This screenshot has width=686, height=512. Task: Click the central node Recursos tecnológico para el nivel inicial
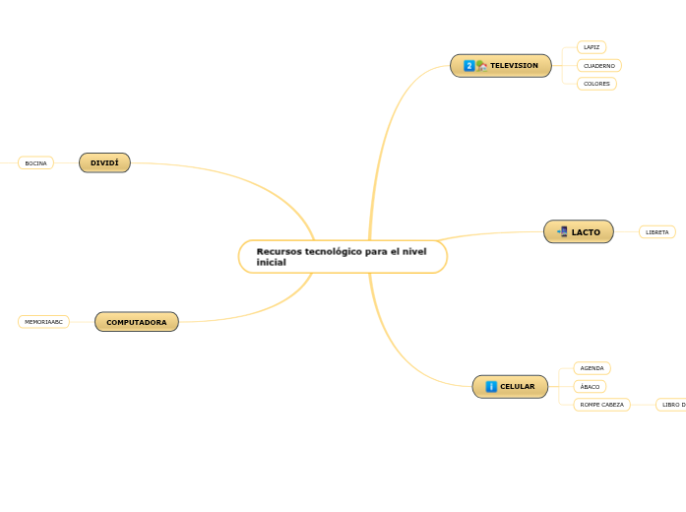[342, 256]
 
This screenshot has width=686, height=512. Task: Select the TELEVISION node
[513, 66]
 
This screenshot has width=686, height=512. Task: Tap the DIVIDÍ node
[104, 162]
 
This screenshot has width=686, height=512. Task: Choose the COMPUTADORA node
[137, 322]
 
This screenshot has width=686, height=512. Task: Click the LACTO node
[586, 232]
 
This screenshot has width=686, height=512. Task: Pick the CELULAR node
[518, 387]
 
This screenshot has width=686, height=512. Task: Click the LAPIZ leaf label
[591, 47]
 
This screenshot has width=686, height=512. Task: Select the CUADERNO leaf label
[598, 66]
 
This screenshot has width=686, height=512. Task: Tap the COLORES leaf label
[596, 84]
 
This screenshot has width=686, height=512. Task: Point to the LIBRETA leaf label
[656, 232]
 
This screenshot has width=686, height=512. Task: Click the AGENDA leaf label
[592, 368]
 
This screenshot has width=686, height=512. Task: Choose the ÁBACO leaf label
[590, 387]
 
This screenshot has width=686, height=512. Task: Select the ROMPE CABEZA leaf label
[601, 405]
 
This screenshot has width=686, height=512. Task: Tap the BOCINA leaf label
[35, 163]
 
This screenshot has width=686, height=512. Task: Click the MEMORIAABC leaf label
[43, 322]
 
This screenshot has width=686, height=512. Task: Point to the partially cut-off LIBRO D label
[672, 405]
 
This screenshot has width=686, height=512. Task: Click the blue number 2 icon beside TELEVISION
[469, 66]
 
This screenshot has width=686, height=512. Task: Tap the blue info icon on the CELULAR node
[491, 387]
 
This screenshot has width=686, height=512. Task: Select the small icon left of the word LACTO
[562, 232]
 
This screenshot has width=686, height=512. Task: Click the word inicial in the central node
[271, 263]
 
